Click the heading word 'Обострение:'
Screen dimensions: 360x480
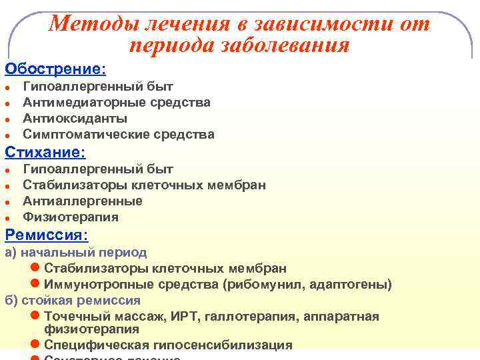point(55,69)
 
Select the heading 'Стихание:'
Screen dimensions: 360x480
point(45,152)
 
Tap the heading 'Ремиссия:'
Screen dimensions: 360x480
point(47,235)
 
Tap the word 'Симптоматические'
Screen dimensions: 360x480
point(74,135)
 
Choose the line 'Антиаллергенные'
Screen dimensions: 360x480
point(83,201)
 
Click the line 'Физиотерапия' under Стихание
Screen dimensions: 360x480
point(71,217)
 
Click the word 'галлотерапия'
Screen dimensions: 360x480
point(243,316)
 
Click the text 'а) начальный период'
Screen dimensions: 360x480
point(76,253)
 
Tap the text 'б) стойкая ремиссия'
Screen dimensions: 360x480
point(73,300)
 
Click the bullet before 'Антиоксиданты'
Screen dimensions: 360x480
point(6,119)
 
